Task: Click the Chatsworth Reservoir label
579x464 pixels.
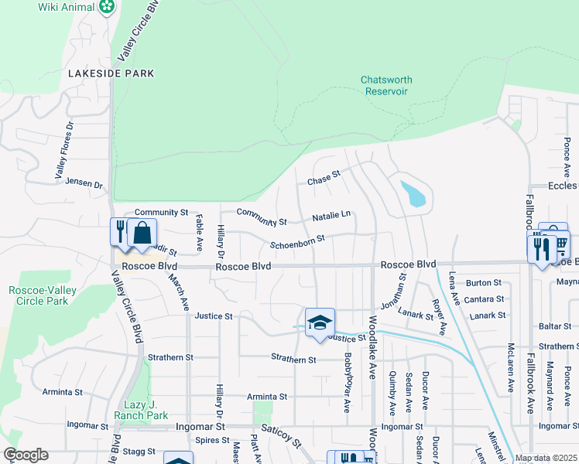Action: click(386, 85)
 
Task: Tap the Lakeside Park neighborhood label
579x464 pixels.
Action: click(111, 73)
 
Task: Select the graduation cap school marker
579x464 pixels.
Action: click(319, 323)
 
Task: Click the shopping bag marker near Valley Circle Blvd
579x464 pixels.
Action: click(142, 233)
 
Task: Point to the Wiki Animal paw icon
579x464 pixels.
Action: click(107, 7)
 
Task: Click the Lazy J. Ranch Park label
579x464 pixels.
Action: click(146, 410)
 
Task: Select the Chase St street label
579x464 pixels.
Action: click(324, 180)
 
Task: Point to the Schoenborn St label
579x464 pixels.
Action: click(296, 243)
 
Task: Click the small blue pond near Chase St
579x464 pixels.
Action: click(413, 193)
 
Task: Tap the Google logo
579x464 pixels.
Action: click(26, 455)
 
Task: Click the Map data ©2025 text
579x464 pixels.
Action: click(546, 458)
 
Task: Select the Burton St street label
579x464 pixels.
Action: click(484, 283)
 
